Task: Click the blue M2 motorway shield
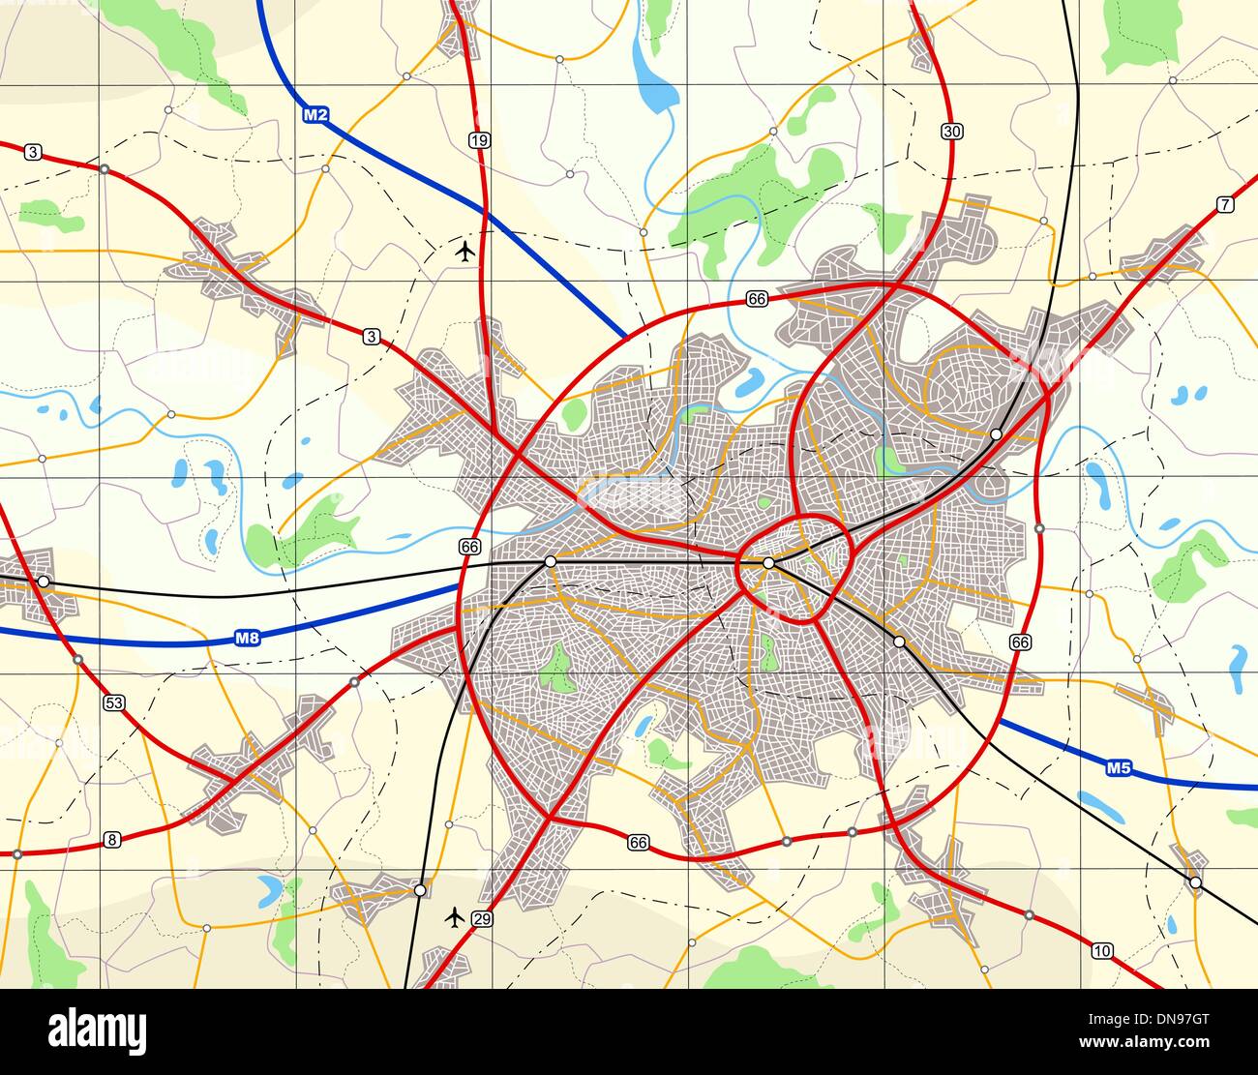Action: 316,115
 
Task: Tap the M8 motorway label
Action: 248,639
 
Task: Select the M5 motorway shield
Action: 1119,768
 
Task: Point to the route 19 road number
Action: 479,140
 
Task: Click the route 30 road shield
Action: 951,132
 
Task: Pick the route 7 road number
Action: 1225,204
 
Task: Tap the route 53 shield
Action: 114,702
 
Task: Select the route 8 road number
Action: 112,840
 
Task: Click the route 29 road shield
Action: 482,918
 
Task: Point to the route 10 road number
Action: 1101,950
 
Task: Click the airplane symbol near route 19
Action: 465,253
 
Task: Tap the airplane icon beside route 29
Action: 454,915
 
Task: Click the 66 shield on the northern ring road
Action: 757,300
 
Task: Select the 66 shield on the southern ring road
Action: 637,842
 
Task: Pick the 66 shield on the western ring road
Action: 470,547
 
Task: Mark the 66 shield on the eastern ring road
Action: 1019,642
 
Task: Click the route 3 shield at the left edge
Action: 34,152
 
